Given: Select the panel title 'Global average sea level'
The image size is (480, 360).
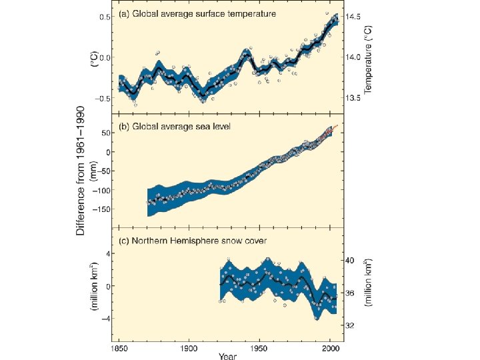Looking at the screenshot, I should (x=174, y=127).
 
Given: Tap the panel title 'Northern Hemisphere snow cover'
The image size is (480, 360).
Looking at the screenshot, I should (x=192, y=240).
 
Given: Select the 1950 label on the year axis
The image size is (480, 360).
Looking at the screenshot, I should (x=259, y=347).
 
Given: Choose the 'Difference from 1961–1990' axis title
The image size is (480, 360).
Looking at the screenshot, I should (x=81, y=170).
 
